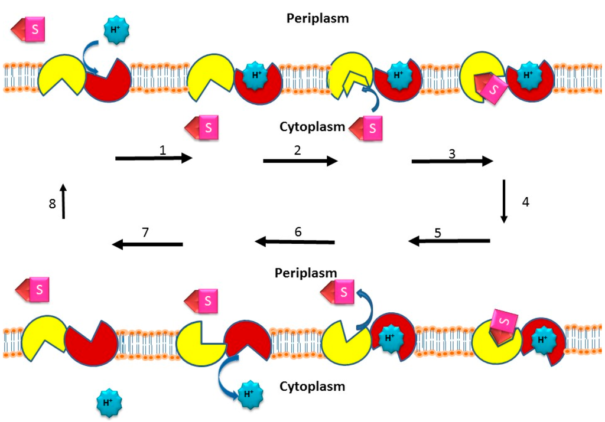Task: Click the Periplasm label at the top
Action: pyautogui.click(x=317, y=18)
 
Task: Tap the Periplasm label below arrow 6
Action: pyautogui.click(x=305, y=273)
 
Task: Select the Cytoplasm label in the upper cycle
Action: pyautogui.click(x=312, y=127)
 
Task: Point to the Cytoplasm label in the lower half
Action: pyautogui.click(x=312, y=387)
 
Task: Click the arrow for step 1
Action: pyautogui.click(x=154, y=158)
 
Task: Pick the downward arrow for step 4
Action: pyautogui.click(x=504, y=201)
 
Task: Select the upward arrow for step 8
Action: pyautogui.click(x=63, y=201)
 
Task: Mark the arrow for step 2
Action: pyautogui.click(x=300, y=160)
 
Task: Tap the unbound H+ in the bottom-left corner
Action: pyautogui.click(x=108, y=403)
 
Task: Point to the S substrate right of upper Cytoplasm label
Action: pyautogui.click(x=367, y=128)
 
